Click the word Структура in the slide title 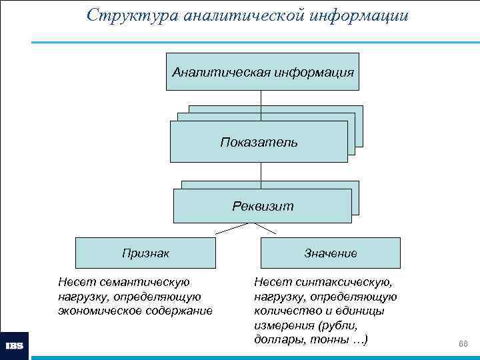click(125, 15)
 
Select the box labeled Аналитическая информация click(262, 71)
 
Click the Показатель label click(259, 142)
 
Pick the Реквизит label click(262, 206)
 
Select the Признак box click(145, 253)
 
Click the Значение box click(330, 253)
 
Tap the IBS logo click(15, 346)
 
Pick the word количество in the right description click(284, 311)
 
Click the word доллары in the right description click(276, 340)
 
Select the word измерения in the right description click(283, 325)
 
